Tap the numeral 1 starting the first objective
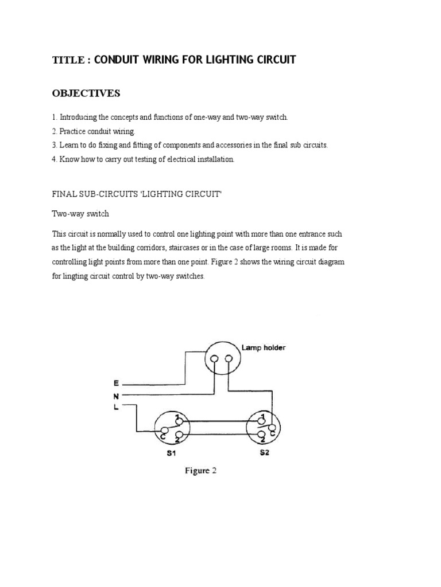(54, 117)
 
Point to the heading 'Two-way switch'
(80, 214)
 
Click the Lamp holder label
(264, 347)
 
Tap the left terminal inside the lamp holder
(214, 359)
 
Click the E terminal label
(115, 382)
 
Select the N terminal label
(115, 395)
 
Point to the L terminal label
(115, 407)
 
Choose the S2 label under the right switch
(264, 453)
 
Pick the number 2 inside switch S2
(262, 438)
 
